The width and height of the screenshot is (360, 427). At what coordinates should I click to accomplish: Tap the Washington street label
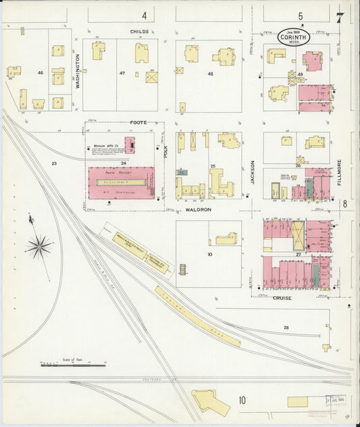pyautogui.click(x=78, y=72)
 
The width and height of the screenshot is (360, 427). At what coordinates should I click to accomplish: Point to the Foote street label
pyautogui.click(x=138, y=122)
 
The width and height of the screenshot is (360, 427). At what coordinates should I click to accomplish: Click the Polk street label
pyautogui.click(x=165, y=151)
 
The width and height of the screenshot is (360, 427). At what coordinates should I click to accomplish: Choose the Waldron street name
pyautogui.click(x=199, y=210)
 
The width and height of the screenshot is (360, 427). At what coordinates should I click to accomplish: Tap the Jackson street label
pyautogui.click(x=253, y=172)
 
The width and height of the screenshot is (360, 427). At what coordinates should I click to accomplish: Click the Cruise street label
pyautogui.click(x=282, y=297)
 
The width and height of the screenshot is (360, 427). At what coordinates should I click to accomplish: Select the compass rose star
pyautogui.click(x=40, y=245)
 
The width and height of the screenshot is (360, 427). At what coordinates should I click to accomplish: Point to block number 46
pyautogui.click(x=41, y=72)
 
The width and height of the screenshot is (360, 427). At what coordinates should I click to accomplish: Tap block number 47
pyautogui.click(x=122, y=72)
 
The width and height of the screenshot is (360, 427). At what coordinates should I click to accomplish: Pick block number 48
pyautogui.click(x=211, y=74)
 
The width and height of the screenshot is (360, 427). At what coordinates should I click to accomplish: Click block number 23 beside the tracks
pyautogui.click(x=54, y=163)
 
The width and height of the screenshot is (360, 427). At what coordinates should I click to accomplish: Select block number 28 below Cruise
pyautogui.click(x=286, y=327)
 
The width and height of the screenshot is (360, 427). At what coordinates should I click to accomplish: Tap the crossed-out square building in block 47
pyautogui.click(x=152, y=78)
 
